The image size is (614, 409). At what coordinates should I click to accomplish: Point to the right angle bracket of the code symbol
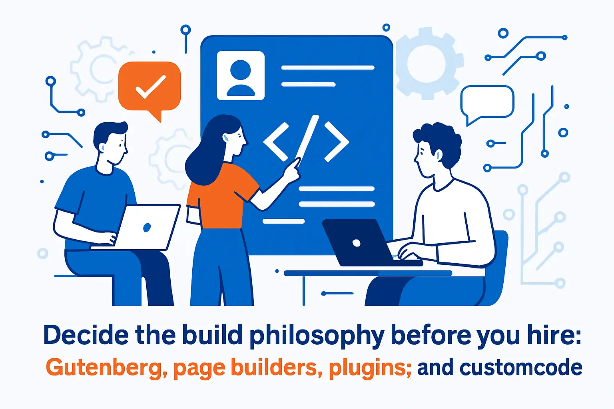336,142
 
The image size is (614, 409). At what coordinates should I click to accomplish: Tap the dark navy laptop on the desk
356,242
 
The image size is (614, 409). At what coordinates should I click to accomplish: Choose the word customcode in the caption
520,368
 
